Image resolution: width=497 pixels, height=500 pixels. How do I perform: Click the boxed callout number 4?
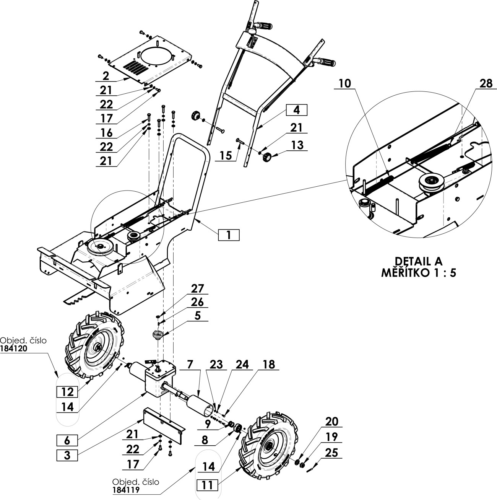[297, 110]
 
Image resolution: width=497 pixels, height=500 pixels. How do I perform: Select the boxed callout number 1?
[229, 235]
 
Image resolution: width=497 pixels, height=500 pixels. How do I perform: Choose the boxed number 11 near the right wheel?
[207, 485]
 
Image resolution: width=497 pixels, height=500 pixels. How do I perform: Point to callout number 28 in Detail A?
[486, 83]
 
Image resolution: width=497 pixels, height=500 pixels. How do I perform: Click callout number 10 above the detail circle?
[345, 83]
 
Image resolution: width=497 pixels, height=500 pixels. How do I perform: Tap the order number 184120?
[13, 349]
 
